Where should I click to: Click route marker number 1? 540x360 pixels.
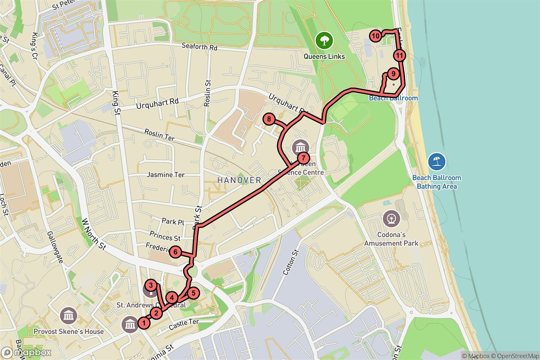144,323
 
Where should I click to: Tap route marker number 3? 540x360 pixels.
152,285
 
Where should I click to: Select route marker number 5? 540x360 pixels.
193,293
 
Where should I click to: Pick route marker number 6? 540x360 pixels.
175,252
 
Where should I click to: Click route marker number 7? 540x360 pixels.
304,158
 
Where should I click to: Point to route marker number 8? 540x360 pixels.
269,119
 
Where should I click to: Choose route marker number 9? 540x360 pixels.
393,73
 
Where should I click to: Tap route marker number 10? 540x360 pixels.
375,35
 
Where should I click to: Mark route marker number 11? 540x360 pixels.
399,55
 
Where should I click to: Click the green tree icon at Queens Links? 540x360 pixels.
323,40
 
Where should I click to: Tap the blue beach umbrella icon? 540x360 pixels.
436,161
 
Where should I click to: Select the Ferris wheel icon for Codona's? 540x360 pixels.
391,219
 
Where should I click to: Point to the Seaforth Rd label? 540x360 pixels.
199,46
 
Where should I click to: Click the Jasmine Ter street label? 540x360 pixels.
166,175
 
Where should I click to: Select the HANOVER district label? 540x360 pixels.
239,180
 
